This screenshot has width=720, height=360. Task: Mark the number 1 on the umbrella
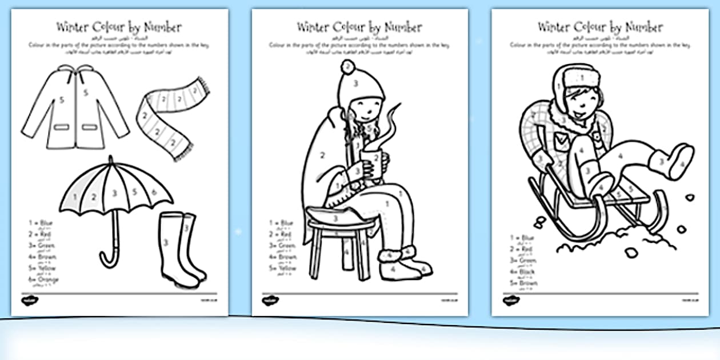click(x=75, y=197)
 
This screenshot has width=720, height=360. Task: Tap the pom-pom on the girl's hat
click(x=346, y=67)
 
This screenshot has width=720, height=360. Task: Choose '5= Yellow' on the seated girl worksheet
click(x=283, y=267)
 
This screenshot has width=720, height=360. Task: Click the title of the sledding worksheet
click(x=600, y=27)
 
